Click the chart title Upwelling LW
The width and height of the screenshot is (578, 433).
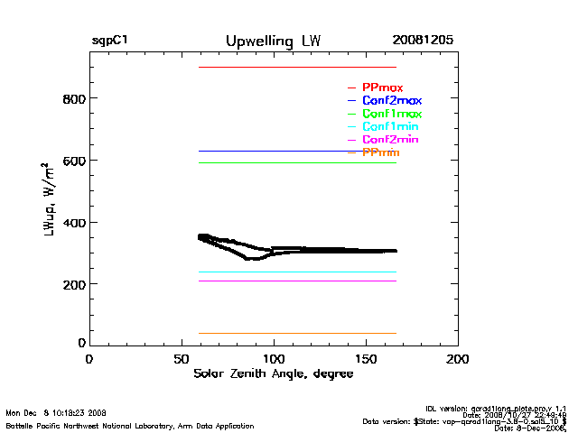coord(273,41)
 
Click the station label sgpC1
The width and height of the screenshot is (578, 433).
coord(109,41)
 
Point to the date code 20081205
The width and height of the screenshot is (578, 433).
coord(423,41)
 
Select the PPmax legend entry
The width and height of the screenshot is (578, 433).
coord(382,88)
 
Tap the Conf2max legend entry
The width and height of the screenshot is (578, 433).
coord(391,100)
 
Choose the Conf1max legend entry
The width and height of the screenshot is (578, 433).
coord(391,114)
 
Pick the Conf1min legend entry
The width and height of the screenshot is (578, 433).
coord(390,127)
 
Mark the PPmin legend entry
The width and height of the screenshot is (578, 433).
coord(380,153)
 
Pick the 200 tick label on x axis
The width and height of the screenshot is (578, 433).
coord(458,359)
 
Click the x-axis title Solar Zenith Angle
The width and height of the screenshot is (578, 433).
coord(273,374)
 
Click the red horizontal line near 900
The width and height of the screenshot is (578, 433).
coord(298,67)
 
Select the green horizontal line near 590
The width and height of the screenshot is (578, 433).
coord(298,162)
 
